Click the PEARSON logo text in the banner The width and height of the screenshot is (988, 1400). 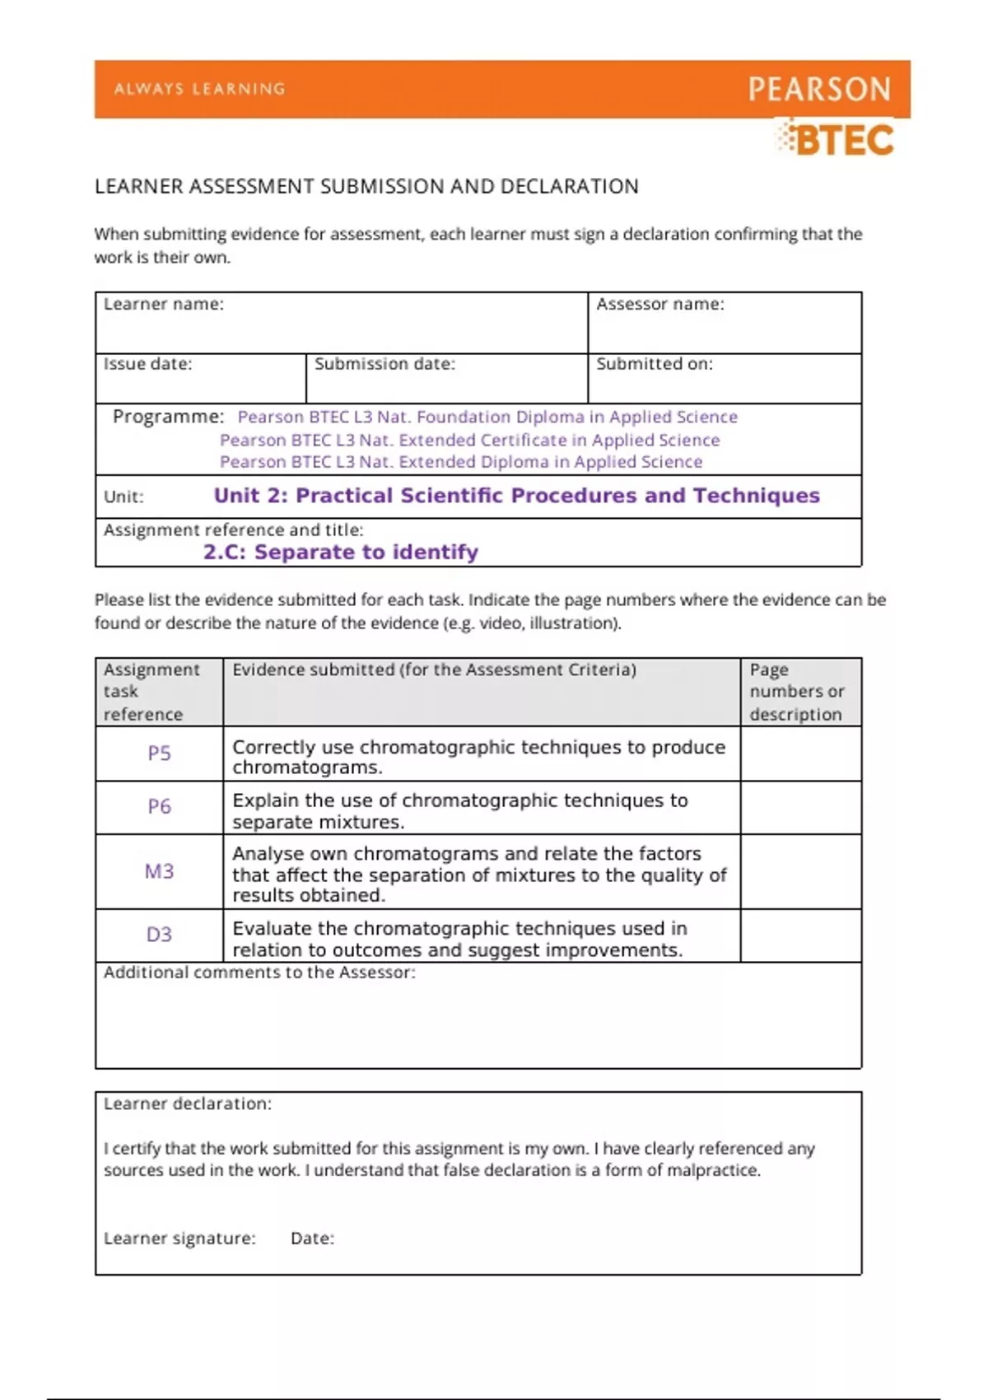819,89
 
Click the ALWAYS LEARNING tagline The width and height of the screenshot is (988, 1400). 200,89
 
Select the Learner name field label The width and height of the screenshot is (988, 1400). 163,304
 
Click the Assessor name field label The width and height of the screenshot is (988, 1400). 659,304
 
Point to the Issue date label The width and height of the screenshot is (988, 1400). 147,364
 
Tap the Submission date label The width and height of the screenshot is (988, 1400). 384,364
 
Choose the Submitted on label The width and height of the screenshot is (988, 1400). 654,364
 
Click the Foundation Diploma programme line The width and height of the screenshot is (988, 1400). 487,417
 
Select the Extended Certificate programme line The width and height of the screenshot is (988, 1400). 469,440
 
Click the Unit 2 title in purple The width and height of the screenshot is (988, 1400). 516,496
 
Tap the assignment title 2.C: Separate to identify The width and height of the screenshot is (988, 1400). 341,552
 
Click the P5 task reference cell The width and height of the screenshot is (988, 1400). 159,754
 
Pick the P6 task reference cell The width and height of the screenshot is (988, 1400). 159,807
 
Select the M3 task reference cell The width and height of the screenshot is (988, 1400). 159,871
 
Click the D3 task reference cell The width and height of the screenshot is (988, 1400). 159,935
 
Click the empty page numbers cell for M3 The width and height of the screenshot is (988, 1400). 800,871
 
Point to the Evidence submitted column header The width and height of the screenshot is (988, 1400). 434,670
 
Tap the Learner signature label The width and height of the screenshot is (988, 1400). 179,1239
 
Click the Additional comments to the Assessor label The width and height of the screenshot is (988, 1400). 259,973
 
